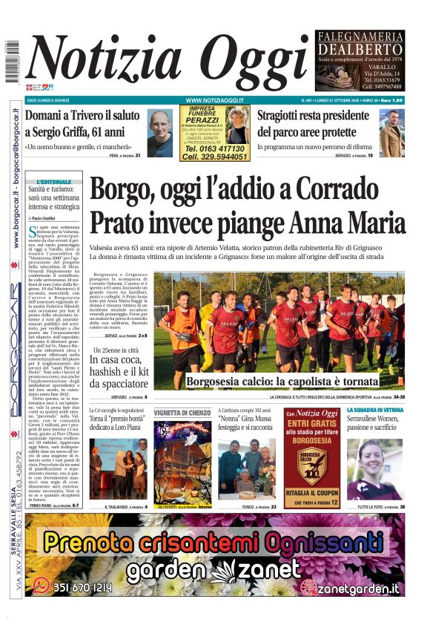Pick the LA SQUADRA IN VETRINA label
375,409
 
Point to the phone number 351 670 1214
82,587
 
